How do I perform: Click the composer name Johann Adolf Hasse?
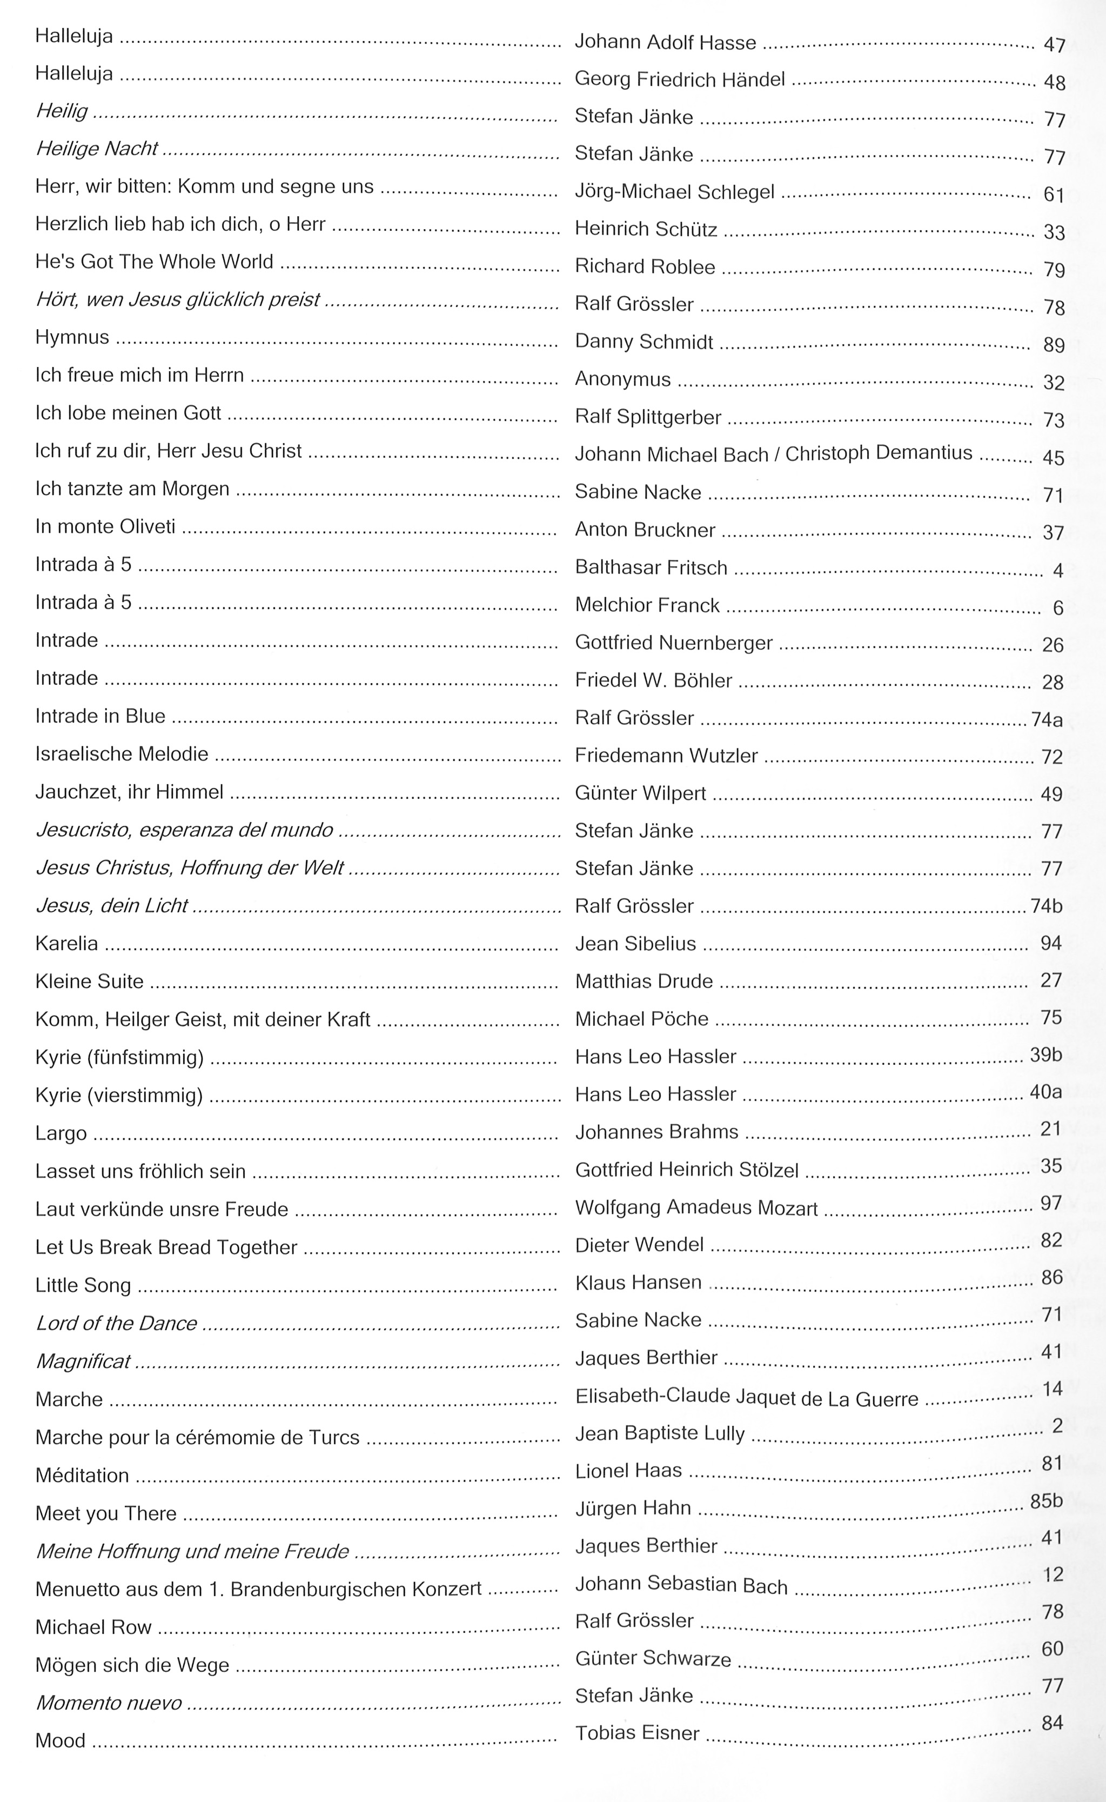[665, 43]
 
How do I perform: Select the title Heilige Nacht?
[97, 149]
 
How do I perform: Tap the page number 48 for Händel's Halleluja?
[1054, 82]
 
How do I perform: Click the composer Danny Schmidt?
[644, 342]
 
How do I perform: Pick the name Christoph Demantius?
[879, 453]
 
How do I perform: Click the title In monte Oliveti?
[105, 527]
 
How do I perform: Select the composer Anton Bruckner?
[645, 530]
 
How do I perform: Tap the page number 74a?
[1047, 720]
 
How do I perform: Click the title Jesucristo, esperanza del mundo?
[184, 830]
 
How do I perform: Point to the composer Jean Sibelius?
[635, 944]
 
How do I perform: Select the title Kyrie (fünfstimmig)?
[119, 1057]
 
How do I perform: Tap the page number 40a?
[1045, 1092]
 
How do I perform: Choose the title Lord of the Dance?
[116, 1323]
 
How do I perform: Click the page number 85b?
[1046, 1501]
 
